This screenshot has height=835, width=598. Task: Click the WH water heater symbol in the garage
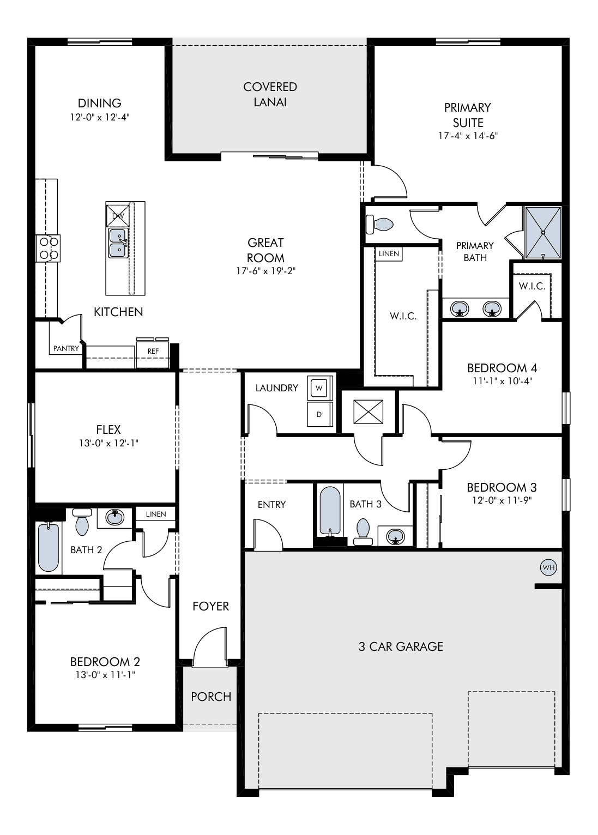[x=548, y=568]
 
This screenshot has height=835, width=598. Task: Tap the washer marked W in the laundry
[x=319, y=388]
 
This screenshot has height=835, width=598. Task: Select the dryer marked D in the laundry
[x=319, y=414]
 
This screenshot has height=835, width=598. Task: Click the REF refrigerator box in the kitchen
[x=153, y=353]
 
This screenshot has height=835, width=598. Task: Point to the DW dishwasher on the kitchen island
[x=118, y=215]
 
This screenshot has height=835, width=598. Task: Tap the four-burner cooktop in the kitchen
[x=48, y=248]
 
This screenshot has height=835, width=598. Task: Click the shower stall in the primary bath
[x=543, y=233]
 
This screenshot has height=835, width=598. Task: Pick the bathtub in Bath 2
[x=49, y=548]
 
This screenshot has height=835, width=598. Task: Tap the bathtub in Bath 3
[x=330, y=511]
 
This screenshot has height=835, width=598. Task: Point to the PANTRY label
[x=66, y=348]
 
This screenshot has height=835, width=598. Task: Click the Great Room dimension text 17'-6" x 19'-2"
[x=265, y=271]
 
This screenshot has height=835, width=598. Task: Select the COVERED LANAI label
[x=270, y=94]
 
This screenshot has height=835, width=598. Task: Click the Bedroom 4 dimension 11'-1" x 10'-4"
[x=502, y=381]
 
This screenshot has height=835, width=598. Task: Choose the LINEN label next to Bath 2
[x=156, y=514]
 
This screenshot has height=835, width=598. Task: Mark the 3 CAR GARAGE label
[x=401, y=646]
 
